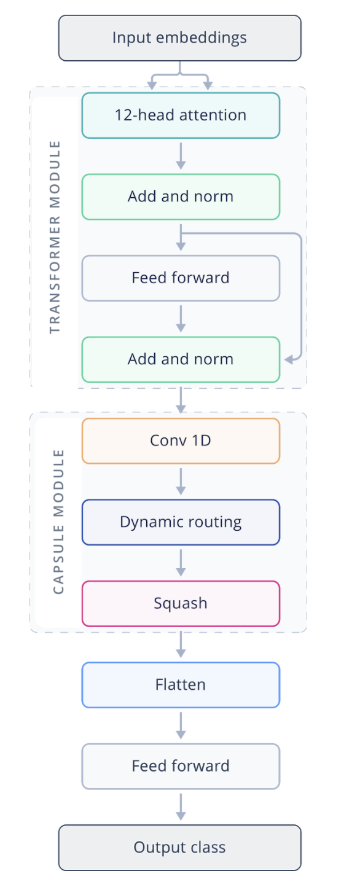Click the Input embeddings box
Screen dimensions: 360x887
(180, 38)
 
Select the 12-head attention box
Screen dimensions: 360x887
(181, 115)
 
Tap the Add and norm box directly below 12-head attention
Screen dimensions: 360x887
(181, 197)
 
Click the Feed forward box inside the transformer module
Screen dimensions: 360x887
(181, 278)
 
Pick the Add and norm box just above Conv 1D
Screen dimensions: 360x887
(181, 359)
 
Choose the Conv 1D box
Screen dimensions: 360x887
(181, 440)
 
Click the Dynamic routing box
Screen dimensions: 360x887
(181, 522)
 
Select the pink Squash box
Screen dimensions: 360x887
(181, 603)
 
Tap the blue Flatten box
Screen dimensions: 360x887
(181, 685)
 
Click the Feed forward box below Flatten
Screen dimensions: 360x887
(181, 766)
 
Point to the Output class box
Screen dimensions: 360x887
(180, 848)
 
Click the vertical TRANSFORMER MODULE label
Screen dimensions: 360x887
(55, 237)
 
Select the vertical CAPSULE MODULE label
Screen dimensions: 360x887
(58, 522)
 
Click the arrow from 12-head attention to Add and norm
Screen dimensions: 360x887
(181, 156)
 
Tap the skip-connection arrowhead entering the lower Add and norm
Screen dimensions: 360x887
(289, 359)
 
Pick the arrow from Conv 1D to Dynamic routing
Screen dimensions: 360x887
(181, 482)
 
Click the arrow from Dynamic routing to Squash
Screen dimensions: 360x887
(181, 563)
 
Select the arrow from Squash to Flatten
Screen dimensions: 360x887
(181, 644)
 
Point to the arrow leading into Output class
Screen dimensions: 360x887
(181, 807)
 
